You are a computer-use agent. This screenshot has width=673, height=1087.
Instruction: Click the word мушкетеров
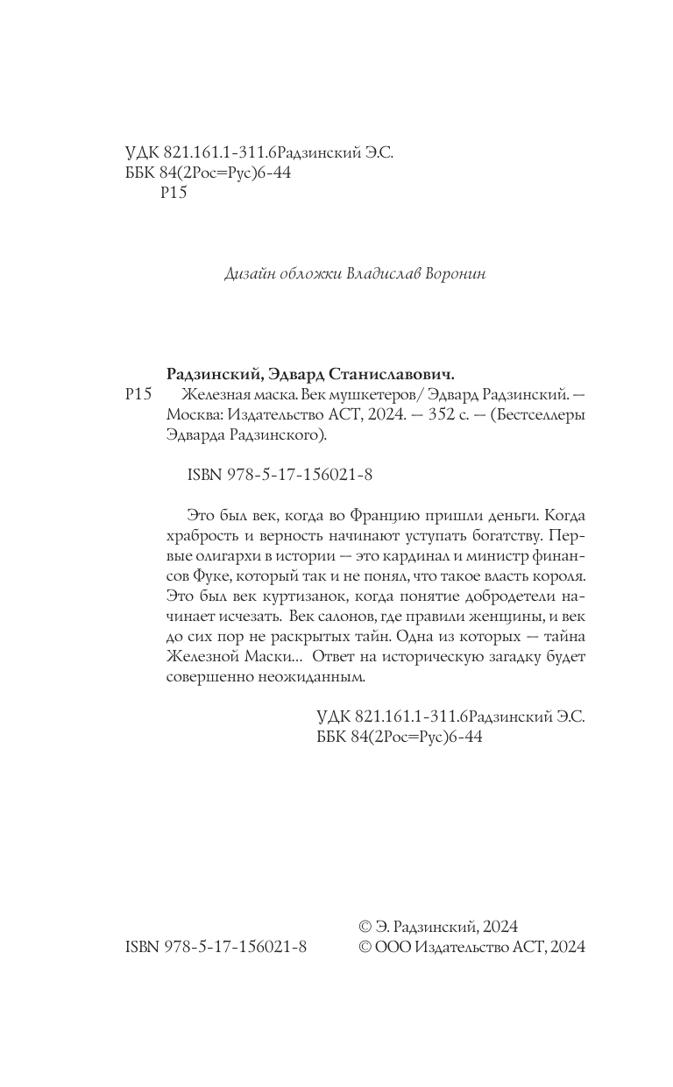point(367,394)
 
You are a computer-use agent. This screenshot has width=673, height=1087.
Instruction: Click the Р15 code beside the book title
point(139,394)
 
